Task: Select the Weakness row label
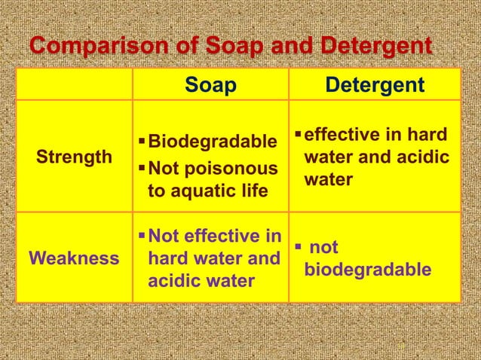pyautogui.click(x=74, y=258)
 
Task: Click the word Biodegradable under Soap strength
pyautogui.click(x=213, y=142)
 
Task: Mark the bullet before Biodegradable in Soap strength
pyautogui.click(x=142, y=142)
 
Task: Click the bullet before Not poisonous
pyautogui.click(x=142, y=166)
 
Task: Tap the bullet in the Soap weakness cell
pyautogui.click(x=142, y=237)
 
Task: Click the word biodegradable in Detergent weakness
pyautogui.click(x=368, y=270)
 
